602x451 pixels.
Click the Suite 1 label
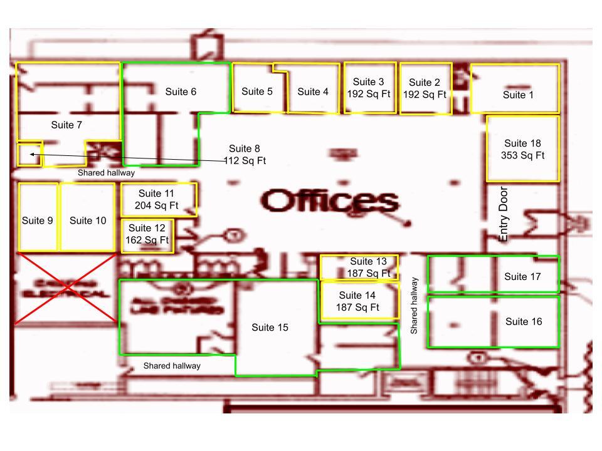(518, 95)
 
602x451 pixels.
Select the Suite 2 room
(425, 88)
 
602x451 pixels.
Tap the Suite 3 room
(369, 88)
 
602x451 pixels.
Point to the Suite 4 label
(313, 92)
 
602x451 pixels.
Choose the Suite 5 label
(257, 91)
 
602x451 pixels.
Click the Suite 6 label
(181, 92)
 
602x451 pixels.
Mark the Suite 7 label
(66, 125)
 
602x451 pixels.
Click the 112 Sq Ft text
(245, 161)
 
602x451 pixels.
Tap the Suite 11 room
(159, 199)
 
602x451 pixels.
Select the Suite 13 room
(359, 267)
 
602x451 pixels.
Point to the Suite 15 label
(270, 328)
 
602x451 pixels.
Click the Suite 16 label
(523, 322)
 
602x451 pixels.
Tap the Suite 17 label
(523, 277)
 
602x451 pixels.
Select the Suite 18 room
(522, 149)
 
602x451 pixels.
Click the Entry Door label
(503, 214)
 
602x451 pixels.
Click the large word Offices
(330, 202)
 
